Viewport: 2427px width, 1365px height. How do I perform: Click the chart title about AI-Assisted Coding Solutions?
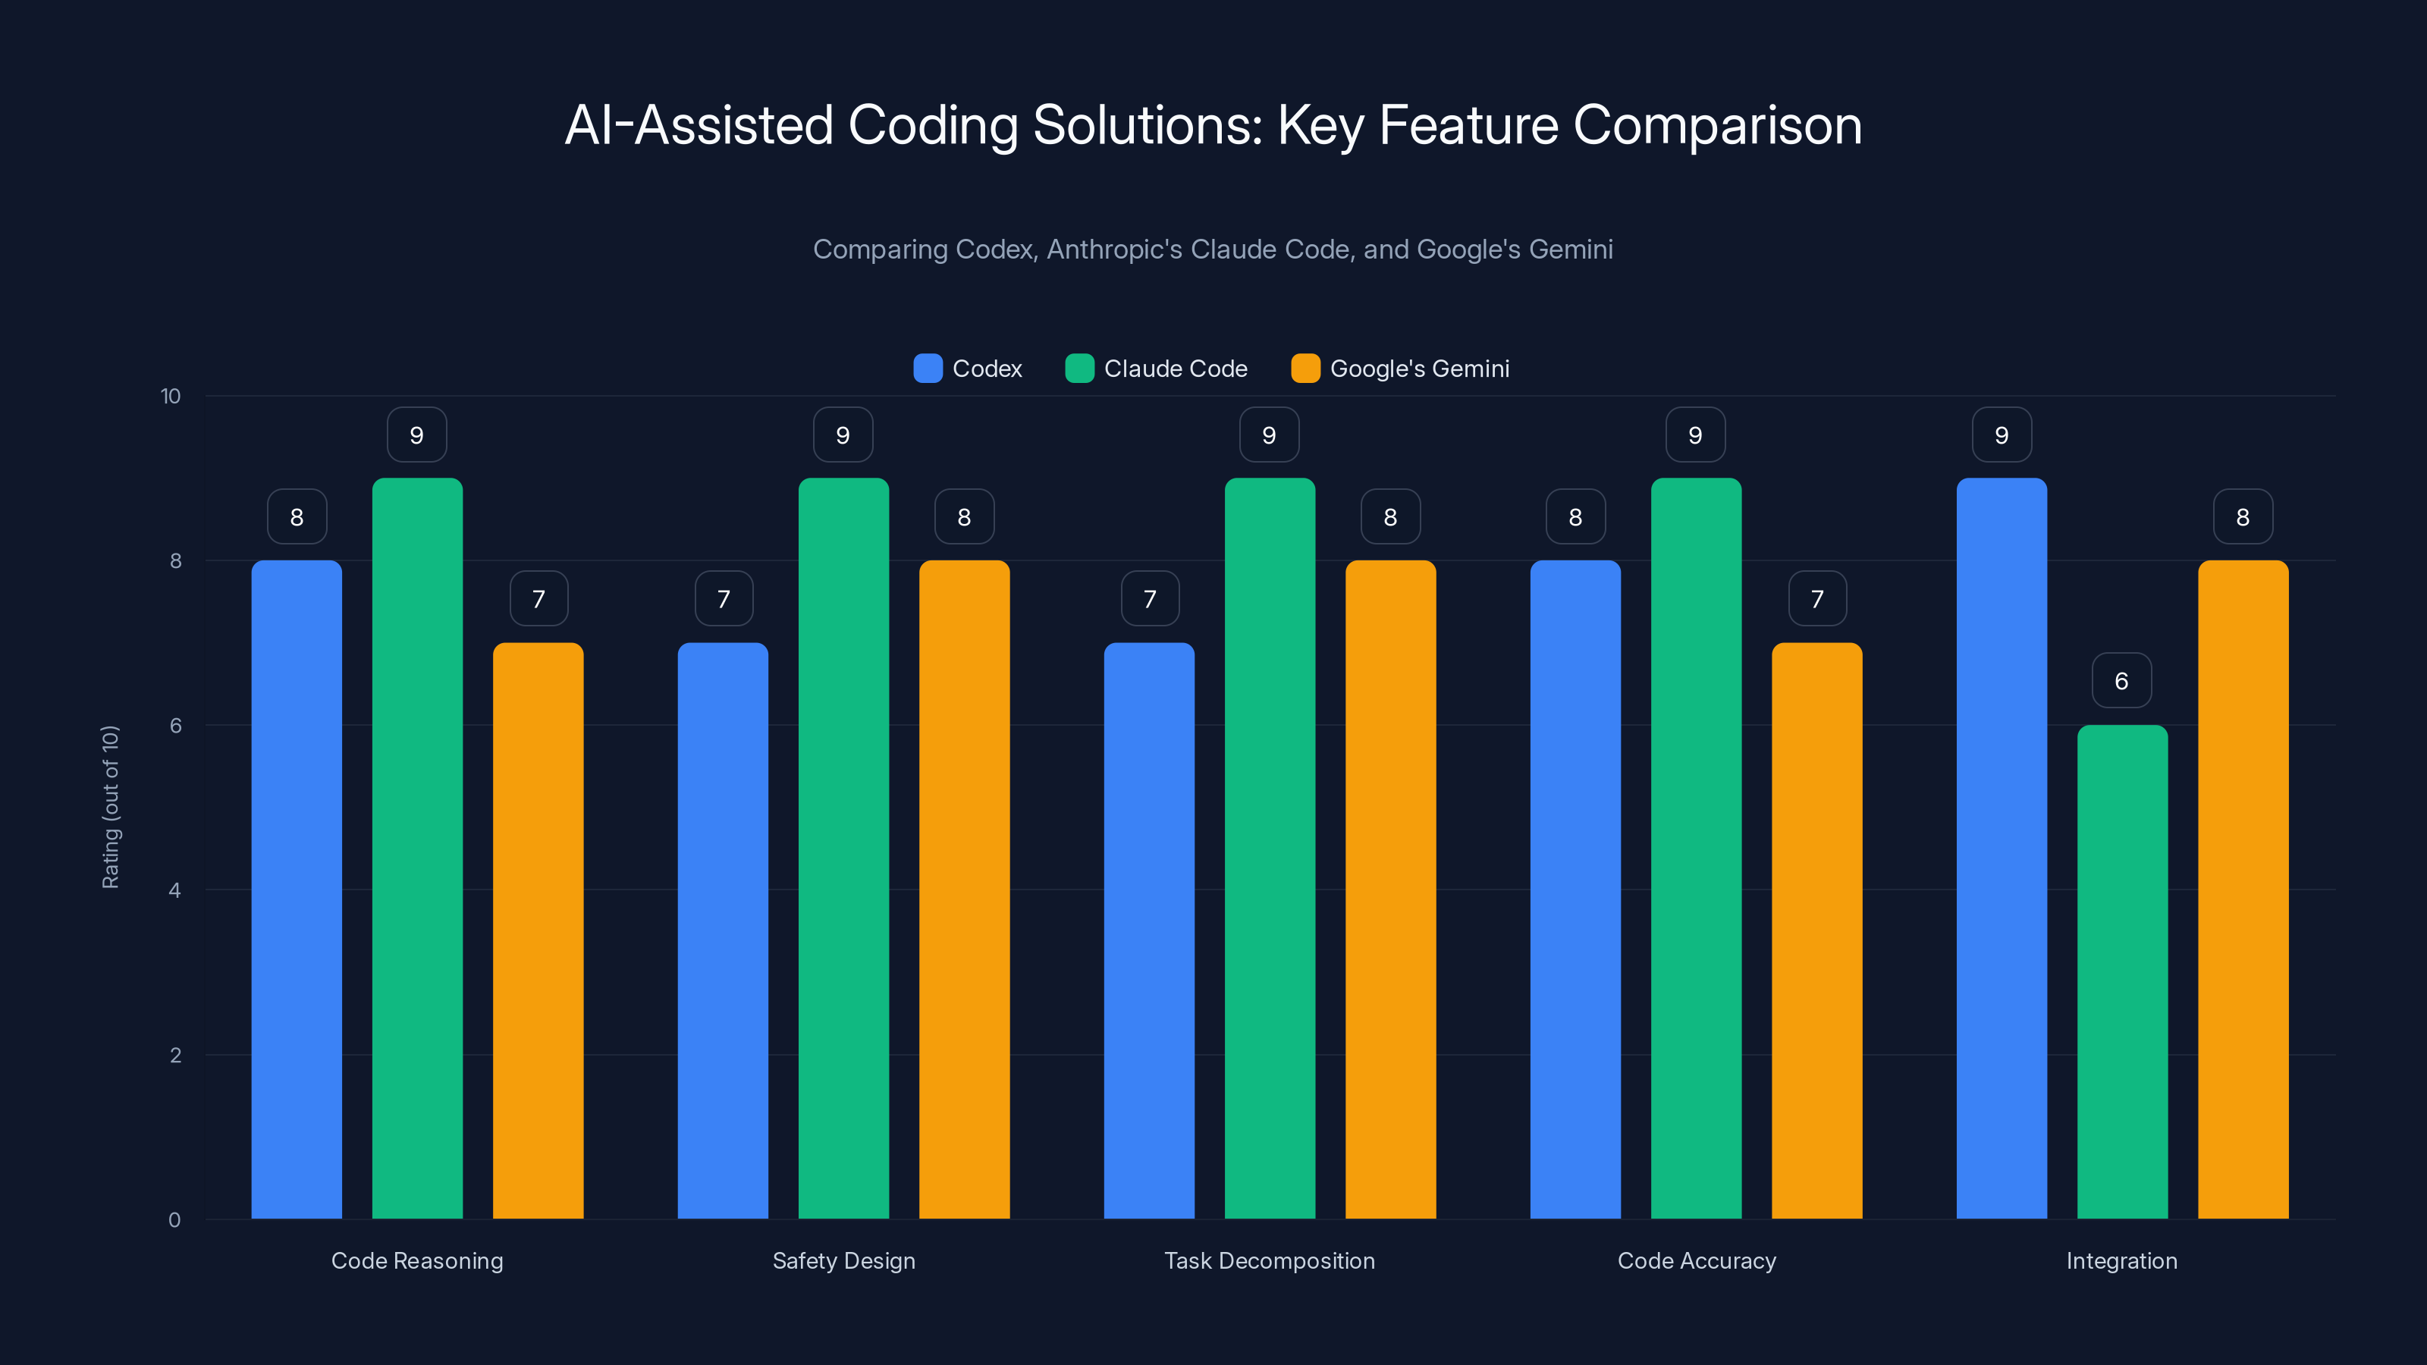tap(1213, 125)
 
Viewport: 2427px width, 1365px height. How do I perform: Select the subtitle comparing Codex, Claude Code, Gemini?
tap(1213, 249)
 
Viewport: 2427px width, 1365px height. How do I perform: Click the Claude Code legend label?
tap(1175, 369)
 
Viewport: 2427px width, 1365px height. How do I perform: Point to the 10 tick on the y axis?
tap(171, 396)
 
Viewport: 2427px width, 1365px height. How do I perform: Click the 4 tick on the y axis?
tap(174, 890)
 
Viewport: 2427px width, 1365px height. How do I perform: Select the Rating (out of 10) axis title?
tap(110, 806)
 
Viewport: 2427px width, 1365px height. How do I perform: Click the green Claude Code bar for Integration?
tap(2122, 971)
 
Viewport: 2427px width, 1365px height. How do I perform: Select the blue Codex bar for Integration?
tap(2002, 848)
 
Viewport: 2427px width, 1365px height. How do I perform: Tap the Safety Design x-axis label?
tap(843, 1260)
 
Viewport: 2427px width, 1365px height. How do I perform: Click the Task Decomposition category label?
tap(1269, 1260)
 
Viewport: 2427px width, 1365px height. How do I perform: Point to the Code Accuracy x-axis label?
tap(1696, 1260)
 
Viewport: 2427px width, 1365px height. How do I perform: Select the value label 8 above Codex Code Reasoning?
tap(297, 516)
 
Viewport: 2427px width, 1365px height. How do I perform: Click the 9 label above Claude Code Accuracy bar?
tap(1695, 435)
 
